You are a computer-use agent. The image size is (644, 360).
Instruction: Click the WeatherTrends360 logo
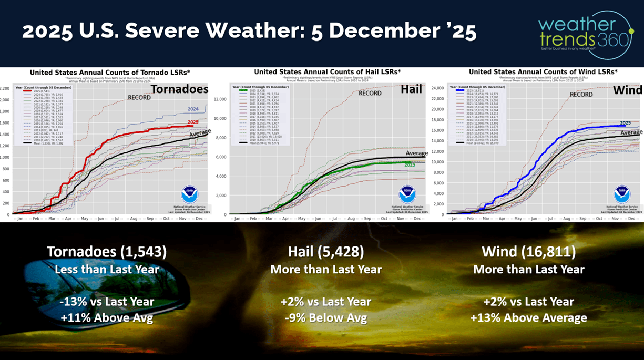(585, 33)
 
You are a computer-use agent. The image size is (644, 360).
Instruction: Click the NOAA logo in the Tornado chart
(189, 194)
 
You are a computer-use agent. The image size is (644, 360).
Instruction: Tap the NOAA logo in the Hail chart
(406, 194)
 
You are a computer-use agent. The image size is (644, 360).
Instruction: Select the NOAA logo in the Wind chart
(622, 194)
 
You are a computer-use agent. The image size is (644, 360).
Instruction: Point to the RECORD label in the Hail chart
(370, 93)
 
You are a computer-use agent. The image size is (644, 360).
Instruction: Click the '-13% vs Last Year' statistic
(107, 302)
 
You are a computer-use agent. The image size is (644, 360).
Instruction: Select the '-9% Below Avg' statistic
(326, 318)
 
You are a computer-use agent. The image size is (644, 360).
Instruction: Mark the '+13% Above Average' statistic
(528, 318)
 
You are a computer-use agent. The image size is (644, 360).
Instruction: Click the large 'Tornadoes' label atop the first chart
(180, 89)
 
